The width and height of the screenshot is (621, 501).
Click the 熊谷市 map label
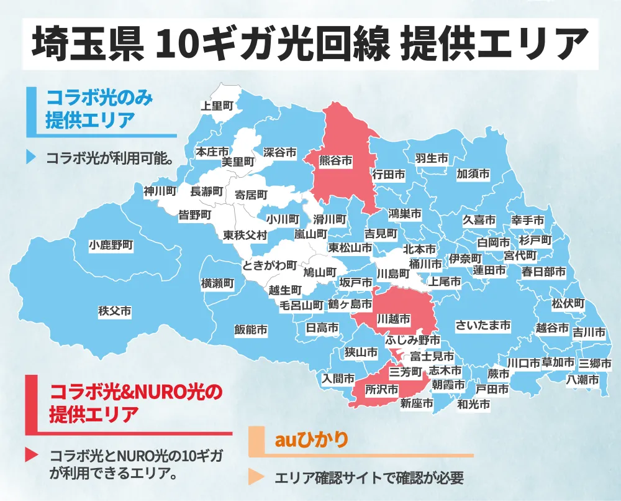click(x=335, y=161)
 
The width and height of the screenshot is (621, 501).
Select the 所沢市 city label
click(x=381, y=390)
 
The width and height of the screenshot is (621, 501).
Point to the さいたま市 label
click(x=483, y=325)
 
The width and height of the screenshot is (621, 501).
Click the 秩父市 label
click(x=115, y=311)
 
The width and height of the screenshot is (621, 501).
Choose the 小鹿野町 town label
click(x=111, y=245)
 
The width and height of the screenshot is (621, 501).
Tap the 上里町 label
click(x=217, y=106)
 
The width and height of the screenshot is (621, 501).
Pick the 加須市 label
click(x=473, y=173)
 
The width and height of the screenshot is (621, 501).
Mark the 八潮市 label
click(x=582, y=379)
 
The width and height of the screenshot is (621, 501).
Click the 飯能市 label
click(x=251, y=330)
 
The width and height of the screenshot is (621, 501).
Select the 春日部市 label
click(x=543, y=272)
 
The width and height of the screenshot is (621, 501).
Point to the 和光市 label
click(x=473, y=405)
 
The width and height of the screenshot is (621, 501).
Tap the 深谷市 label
click(x=279, y=152)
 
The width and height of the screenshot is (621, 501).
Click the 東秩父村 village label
click(x=245, y=236)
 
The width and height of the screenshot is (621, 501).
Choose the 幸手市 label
click(x=528, y=221)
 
